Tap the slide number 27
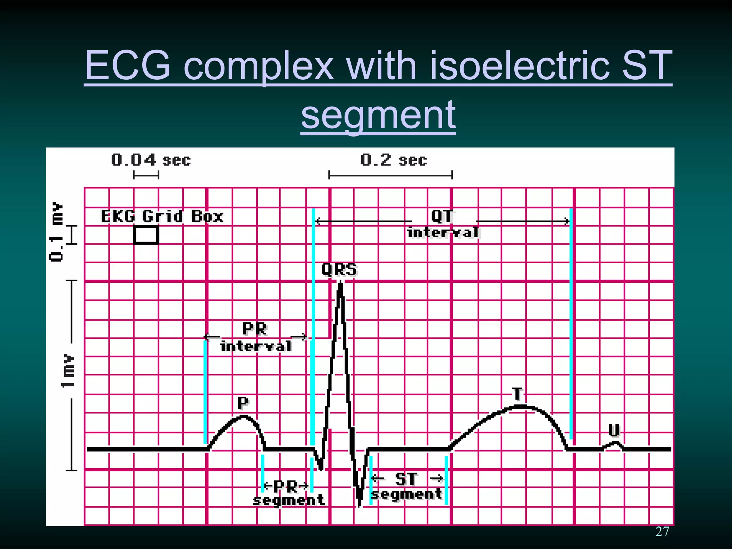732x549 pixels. pyautogui.click(x=662, y=532)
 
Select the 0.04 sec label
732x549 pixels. pyautogui.click(x=150, y=160)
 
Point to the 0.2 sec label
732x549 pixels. pyautogui.click(x=394, y=160)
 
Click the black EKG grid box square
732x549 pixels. pyautogui.click(x=146, y=235)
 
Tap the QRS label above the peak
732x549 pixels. pyautogui.click(x=339, y=269)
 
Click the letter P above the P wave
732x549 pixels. pyautogui.click(x=243, y=403)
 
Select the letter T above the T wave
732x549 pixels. pyautogui.click(x=517, y=394)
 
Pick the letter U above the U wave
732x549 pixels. pyautogui.click(x=614, y=430)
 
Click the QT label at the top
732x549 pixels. pyautogui.click(x=442, y=216)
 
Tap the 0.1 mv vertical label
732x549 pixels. pyautogui.click(x=56, y=231)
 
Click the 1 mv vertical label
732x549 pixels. pyautogui.click(x=68, y=371)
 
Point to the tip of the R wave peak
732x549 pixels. pyautogui.click(x=340, y=282)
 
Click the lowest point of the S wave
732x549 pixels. pyautogui.click(x=359, y=505)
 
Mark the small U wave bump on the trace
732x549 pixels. pyautogui.click(x=614, y=444)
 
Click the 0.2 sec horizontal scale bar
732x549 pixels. pyautogui.click(x=390, y=175)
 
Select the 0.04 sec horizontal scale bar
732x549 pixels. pyautogui.click(x=146, y=175)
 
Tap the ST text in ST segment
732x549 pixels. pyautogui.click(x=406, y=479)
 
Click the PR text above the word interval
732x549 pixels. pyautogui.click(x=254, y=328)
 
